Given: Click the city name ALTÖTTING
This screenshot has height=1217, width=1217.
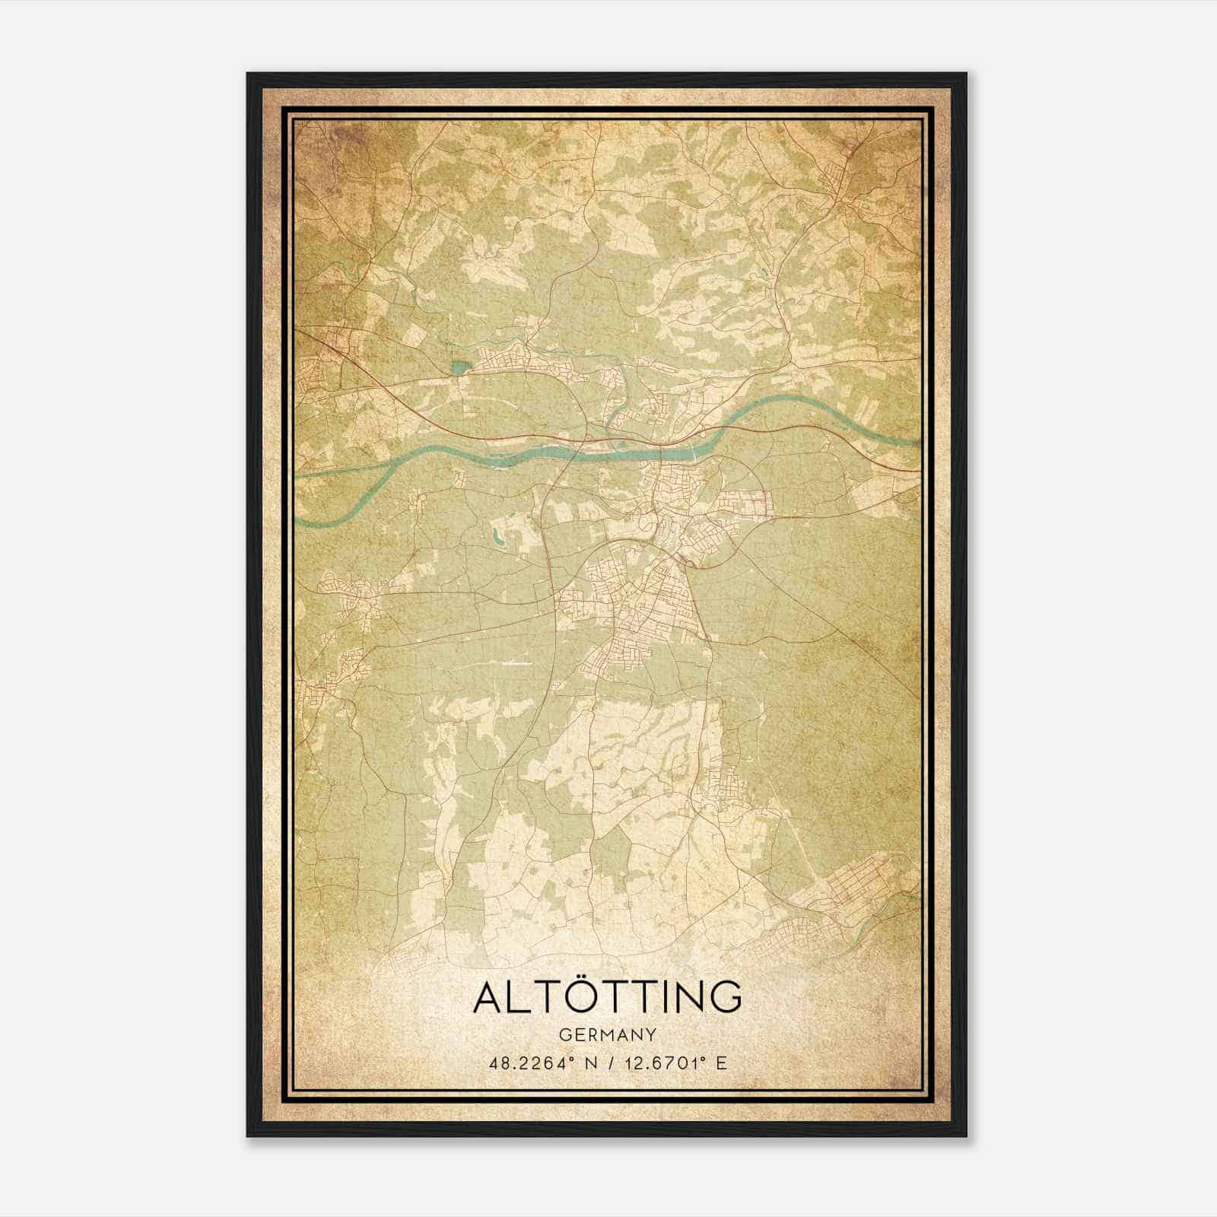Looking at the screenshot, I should point(607,998).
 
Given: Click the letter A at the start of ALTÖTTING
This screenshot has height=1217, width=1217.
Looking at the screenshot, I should point(488,998).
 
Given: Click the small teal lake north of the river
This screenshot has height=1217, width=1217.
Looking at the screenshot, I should point(460,369).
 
